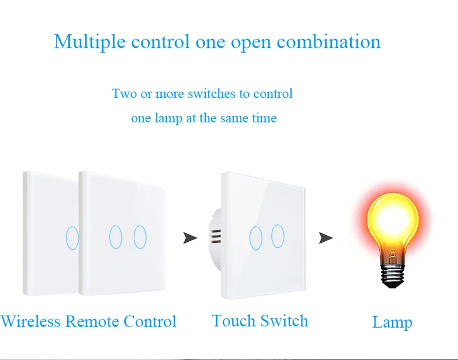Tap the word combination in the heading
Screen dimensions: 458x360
point(329,42)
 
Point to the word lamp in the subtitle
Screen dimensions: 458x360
point(168,118)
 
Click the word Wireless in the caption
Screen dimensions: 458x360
point(31,321)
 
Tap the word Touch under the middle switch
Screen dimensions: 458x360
point(231,321)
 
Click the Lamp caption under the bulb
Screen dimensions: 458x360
point(392,323)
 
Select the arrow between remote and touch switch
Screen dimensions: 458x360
point(190,237)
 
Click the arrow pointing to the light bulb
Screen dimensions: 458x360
point(326,237)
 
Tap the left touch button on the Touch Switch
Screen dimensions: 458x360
point(256,237)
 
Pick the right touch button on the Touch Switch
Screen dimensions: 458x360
point(278,237)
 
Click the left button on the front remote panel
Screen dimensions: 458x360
point(115,237)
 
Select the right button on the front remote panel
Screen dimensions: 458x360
point(140,237)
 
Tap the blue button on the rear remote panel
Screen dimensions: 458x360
point(72,237)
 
